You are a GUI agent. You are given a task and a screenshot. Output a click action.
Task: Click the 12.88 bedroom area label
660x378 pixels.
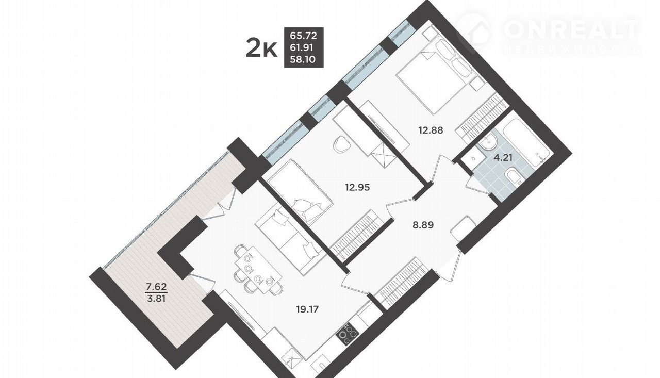tap(431, 130)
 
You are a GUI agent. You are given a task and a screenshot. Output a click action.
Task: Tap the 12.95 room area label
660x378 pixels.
tap(357, 187)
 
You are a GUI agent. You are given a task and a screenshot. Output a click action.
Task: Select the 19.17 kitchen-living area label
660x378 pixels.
tap(307, 309)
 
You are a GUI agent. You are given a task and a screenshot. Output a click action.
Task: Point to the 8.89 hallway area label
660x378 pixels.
tap(423, 225)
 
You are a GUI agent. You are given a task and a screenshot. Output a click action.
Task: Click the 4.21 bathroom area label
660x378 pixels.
tap(503, 158)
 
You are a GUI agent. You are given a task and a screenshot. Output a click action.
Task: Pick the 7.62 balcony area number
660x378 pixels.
tap(157, 286)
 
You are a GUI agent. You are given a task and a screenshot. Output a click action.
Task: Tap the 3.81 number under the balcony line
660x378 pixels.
tap(157, 299)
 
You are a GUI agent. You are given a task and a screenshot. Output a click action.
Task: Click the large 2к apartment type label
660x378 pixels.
tap(261, 49)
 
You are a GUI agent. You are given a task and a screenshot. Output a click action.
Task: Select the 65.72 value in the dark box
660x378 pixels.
tap(304, 36)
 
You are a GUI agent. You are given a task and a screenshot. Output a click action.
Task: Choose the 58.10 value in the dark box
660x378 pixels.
tap(303, 59)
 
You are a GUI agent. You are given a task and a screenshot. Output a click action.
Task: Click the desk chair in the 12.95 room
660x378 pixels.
tap(342, 144)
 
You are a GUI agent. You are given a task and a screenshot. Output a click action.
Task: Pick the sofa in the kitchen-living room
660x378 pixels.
tap(289, 240)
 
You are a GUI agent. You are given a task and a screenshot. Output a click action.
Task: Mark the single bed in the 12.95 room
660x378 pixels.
tap(301, 192)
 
